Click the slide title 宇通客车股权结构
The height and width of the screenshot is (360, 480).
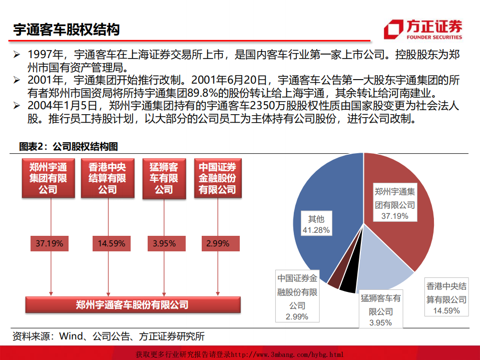click(x=67, y=30)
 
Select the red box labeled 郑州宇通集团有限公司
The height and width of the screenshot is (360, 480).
click(x=48, y=178)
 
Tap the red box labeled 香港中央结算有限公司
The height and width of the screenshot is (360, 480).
click(x=107, y=178)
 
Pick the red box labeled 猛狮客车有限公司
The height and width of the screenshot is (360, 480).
click(x=163, y=178)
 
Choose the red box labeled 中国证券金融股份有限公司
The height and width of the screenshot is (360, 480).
click(x=217, y=178)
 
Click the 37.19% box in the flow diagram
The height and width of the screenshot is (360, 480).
click(x=49, y=244)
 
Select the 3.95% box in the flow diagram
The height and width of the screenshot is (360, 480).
click(x=164, y=244)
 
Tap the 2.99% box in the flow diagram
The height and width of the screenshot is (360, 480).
click(x=217, y=244)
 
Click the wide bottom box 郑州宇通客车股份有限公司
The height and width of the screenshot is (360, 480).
click(x=133, y=304)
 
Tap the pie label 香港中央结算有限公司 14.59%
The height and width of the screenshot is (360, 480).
click(x=446, y=298)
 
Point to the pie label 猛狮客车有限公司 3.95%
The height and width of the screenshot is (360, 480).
click(x=380, y=310)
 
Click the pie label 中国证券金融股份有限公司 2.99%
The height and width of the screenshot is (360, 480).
click(x=297, y=297)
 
